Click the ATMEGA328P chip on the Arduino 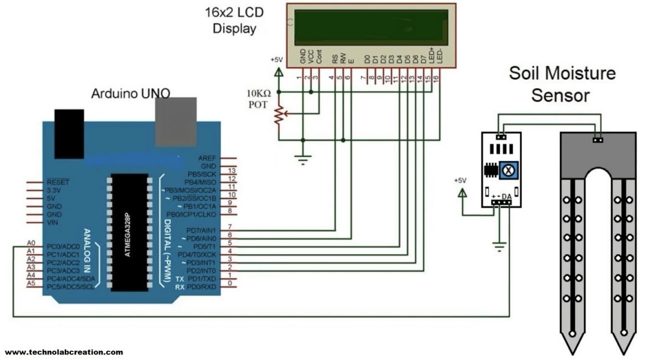130,232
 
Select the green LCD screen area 371,27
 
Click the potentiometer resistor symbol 279,116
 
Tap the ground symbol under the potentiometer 303,161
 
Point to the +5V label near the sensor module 460,181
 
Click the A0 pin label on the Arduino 32,243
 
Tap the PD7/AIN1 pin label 200,229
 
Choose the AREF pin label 207,158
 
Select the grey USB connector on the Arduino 175,122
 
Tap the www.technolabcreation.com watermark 64,352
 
